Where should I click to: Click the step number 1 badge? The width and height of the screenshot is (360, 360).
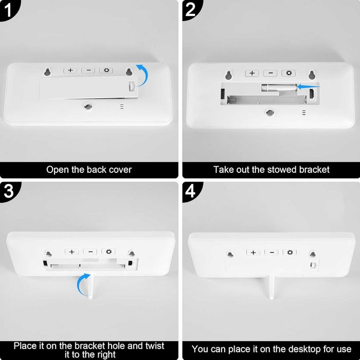click(8, 10)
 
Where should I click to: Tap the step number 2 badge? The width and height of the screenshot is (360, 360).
click(191, 10)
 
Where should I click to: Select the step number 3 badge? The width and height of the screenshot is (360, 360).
click(9, 191)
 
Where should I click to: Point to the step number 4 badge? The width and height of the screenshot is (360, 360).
click(191, 191)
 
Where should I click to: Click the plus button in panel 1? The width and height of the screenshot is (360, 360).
click(70, 70)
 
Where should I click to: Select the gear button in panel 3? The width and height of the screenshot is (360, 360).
click(109, 251)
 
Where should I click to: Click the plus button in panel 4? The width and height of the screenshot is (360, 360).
click(253, 253)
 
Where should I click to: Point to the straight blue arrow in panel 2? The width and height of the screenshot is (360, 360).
click(309, 87)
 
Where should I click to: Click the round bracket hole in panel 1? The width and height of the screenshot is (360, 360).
click(88, 106)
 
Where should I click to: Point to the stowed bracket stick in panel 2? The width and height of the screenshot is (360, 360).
click(279, 88)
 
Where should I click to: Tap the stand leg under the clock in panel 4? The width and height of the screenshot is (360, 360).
click(271, 287)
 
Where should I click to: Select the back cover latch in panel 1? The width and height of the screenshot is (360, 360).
click(131, 87)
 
